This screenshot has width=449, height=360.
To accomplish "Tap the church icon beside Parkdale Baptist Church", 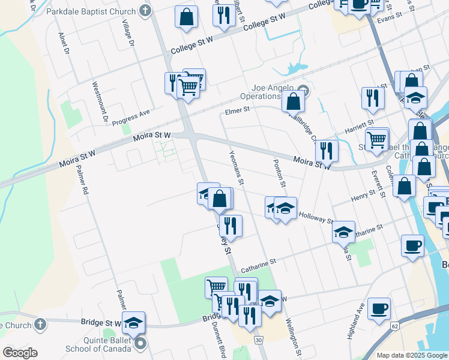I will (145, 11).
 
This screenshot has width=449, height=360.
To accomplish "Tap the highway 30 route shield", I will (258, 340).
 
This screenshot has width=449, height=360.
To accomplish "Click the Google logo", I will (20, 353).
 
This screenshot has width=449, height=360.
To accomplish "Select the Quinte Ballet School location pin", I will (140, 343).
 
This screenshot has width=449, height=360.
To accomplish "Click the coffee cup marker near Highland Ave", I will (379, 308).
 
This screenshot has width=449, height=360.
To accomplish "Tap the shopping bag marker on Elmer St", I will (294, 101).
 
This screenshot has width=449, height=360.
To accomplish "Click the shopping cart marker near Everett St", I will (376, 140).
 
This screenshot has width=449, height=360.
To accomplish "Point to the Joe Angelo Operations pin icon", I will (303, 91).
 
